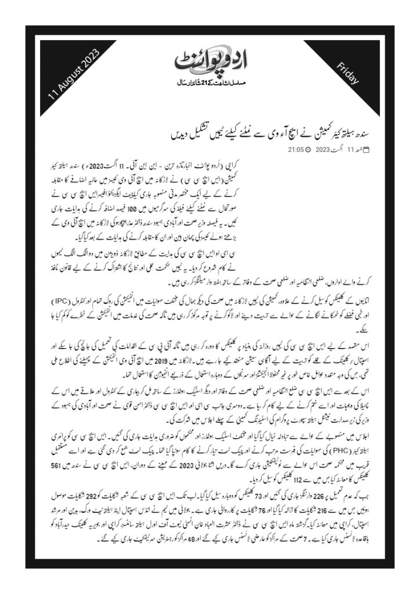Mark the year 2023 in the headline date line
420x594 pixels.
[x=322, y=149]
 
